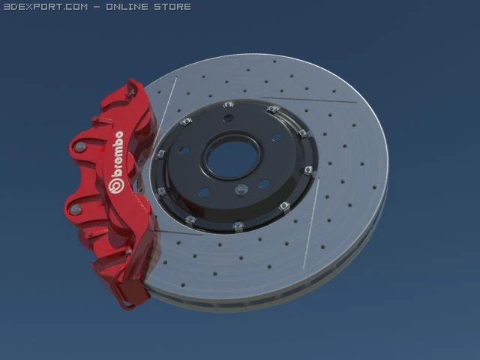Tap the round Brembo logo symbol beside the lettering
coord(116,183)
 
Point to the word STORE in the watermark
coord(172,7)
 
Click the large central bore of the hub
coord(227,155)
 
